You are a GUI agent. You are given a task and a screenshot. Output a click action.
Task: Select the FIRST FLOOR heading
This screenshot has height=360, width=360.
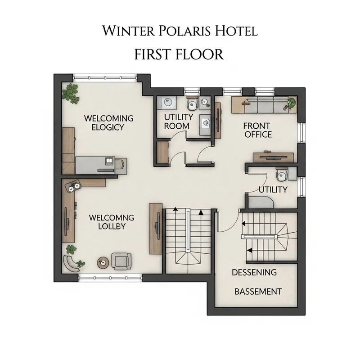click(179, 54)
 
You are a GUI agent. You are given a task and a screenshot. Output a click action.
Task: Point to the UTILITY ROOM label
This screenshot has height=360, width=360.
click(178, 121)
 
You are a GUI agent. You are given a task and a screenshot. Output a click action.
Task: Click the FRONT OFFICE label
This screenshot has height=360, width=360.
click(257, 130)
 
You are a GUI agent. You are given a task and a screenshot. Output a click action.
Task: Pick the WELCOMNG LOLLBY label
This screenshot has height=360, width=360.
click(112, 222)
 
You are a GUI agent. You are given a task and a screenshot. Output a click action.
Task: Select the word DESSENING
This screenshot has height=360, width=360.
click(254, 272)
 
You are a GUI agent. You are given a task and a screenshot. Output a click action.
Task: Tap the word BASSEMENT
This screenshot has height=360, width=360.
click(258, 292)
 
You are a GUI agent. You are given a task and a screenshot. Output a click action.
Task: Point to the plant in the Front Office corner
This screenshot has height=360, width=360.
click(291, 103)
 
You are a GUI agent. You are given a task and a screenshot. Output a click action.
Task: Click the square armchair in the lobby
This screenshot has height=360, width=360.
click(121, 260)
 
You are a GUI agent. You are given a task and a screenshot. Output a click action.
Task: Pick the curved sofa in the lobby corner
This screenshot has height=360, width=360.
click(72, 262)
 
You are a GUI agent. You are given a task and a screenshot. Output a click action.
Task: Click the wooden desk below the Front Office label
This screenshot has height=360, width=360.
click(274, 157)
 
